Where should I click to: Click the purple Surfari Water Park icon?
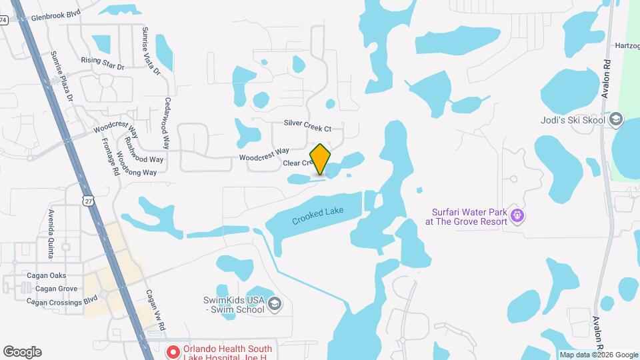pos(518,215)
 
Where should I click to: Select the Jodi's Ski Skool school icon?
pos(616,120)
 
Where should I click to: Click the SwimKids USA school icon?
pos(274,305)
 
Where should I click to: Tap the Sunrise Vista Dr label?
pos(151,48)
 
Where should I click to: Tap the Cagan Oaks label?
pos(46,275)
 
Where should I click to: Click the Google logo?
pos(22,352)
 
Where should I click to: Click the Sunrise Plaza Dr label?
pos(64,78)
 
